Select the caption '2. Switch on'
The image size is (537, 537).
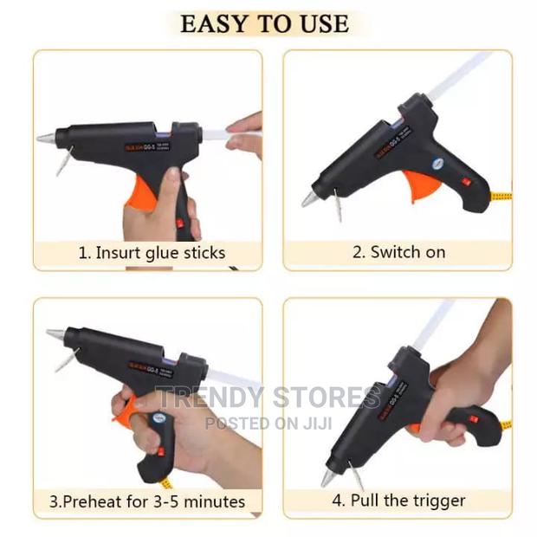tap(398, 252)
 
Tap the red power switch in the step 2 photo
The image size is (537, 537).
tap(466, 183)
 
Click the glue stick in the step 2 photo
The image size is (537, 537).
tap(459, 74)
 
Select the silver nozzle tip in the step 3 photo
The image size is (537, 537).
tap(55, 333)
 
